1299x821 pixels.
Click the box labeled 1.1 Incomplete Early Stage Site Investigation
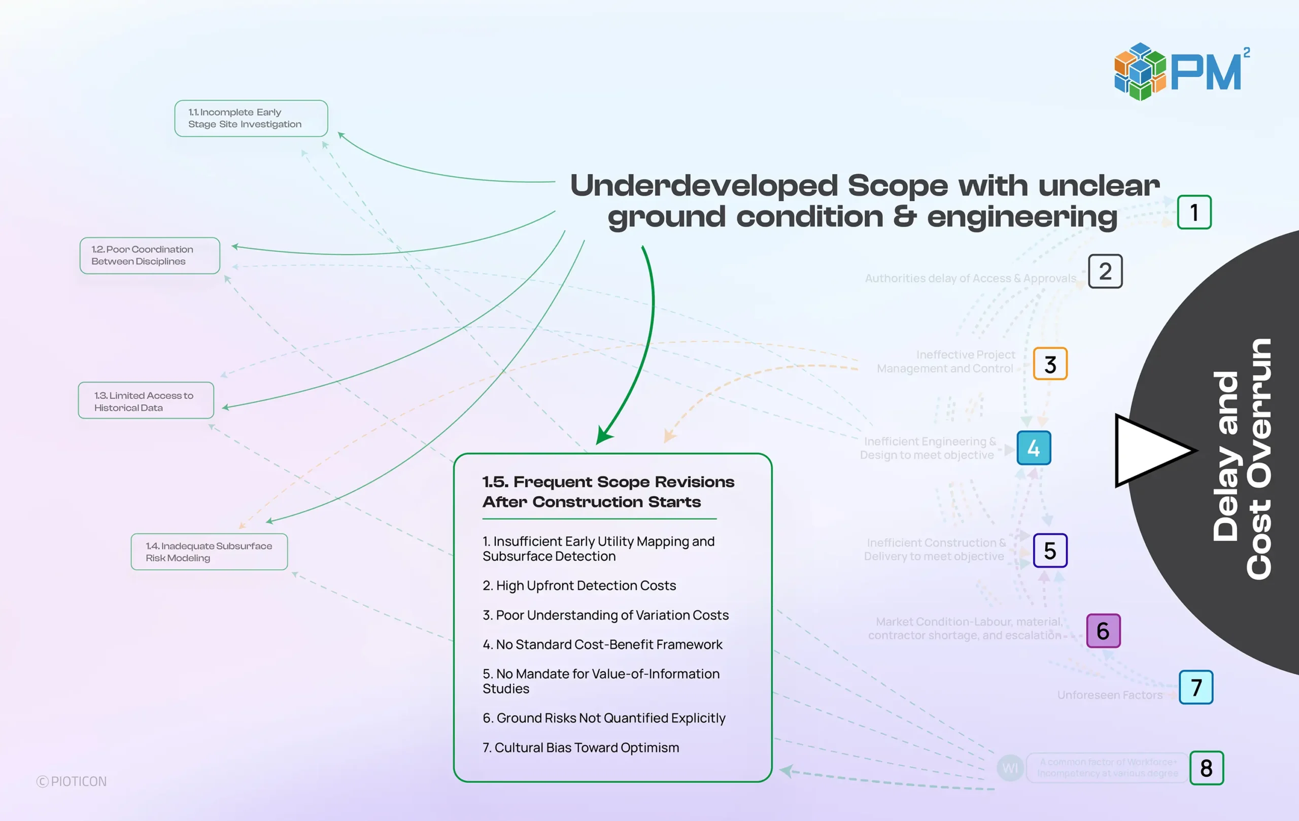coord(251,118)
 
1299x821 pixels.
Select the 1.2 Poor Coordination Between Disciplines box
coord(149,255)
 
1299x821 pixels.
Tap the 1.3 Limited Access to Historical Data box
coord(146,401)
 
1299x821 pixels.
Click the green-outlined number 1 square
coord(1194,212)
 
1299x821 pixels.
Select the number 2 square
coord(1105,271)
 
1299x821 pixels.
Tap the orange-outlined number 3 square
coord(1050,364)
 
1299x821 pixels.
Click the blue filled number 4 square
coord(1034,448)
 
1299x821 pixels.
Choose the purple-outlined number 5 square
coord(1050,550)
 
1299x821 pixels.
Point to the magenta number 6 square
coord(1103,631)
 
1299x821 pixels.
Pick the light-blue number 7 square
coord(1196,687)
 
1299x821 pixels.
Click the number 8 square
coord(1206,768)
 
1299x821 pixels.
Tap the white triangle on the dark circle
coord(1149,451)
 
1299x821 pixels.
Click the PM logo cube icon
coord(1139,72)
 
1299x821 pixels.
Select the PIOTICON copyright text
coord(72,781)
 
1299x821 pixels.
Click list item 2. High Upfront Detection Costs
coord(579,585)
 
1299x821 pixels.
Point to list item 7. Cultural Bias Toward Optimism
coord(580,747)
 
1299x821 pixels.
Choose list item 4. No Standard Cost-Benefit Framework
coord(602,644)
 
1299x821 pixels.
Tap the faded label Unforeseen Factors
coord(1110,695)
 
